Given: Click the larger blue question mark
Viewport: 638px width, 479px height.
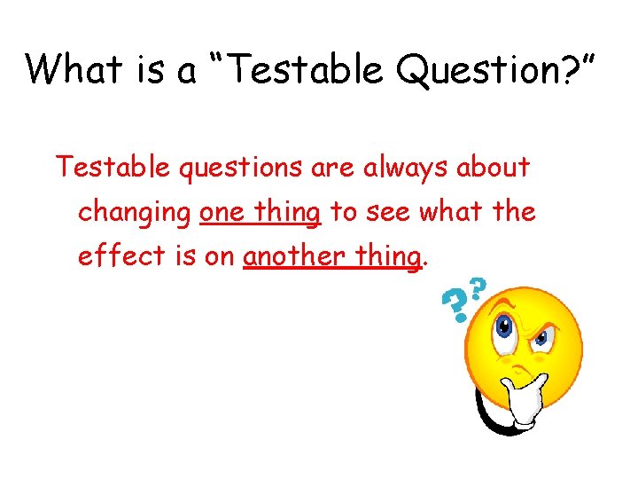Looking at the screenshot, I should (455, 307).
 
